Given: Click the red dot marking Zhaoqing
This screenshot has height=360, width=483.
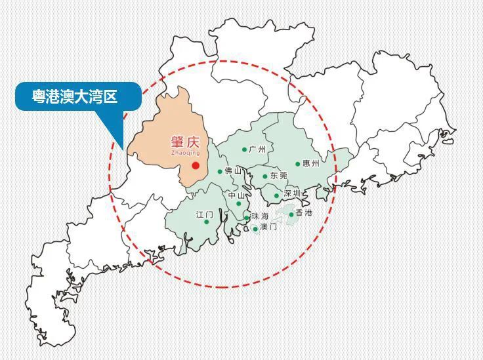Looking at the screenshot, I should click(196, 165).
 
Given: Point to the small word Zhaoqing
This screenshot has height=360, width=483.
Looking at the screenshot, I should click(185, 153).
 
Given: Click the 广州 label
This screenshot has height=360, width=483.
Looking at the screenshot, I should click(258, 150).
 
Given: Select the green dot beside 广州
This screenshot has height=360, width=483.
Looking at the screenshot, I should click(245, 150).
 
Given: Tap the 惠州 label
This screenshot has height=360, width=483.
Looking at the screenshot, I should click(311, 164).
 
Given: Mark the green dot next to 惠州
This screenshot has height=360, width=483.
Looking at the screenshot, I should click(298, 164).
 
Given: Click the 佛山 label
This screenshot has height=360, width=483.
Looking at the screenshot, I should click(233, 171).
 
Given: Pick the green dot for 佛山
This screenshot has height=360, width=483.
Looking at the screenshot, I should click(220, 172).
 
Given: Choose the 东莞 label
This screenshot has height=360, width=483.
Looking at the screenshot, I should click(279, 176).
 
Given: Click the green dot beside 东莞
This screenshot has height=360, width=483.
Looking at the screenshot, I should click(266, 176).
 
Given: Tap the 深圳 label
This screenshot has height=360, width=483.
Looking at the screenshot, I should click(292, 194).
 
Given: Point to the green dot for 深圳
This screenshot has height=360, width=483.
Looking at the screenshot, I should click(277, 195).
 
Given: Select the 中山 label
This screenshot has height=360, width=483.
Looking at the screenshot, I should click(237, 195).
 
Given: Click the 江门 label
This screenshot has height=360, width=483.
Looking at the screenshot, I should click(205, 214).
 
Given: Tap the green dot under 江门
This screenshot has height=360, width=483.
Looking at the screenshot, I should click(207, 222).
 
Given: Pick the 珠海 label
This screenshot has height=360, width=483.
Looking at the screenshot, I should click(260, 216).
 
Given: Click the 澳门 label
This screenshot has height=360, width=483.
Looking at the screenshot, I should click(268, 228).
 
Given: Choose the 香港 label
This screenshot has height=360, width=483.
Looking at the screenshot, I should click(304, 213).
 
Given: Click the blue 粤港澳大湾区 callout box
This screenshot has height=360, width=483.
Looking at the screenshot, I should click(78, 96).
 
